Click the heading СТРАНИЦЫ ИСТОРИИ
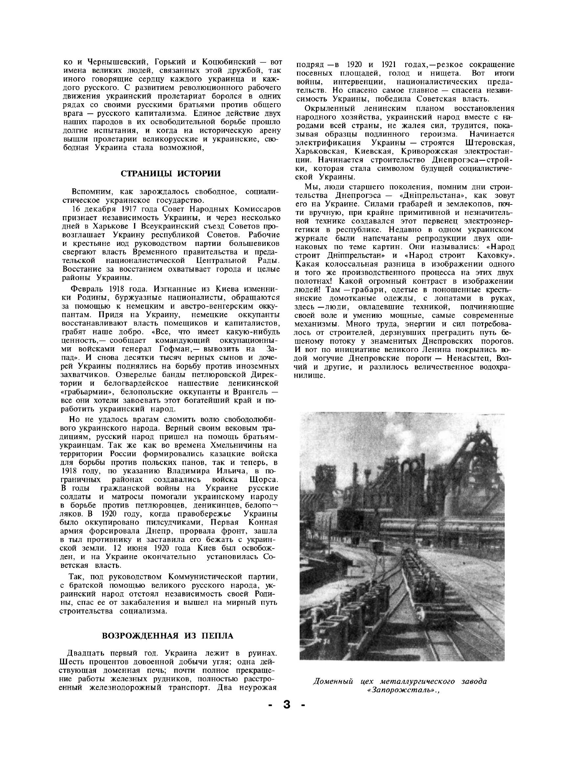coord(170,174)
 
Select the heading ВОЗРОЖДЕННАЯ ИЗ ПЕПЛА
coord(168,635)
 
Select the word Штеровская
coord(490,143)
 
